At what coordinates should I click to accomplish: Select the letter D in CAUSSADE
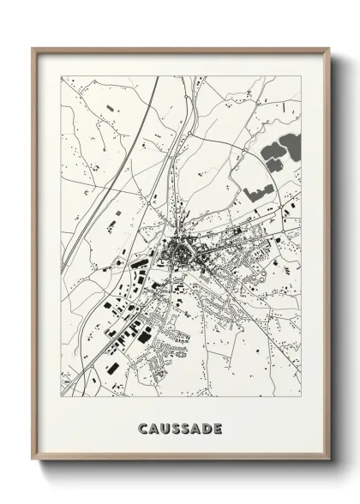[x=208, y=427]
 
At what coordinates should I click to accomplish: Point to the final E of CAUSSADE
[x=219, y=427]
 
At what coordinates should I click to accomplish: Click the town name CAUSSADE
[x=180, y=427]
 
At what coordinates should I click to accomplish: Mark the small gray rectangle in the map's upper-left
[x=109, y=108]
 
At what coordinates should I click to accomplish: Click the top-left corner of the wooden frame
[x=33, y=49]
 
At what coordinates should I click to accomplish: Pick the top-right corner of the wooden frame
[x=329, y=49]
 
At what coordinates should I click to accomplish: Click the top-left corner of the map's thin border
[x=62, y=77]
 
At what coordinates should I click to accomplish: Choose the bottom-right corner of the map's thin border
[x=301, y=396]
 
